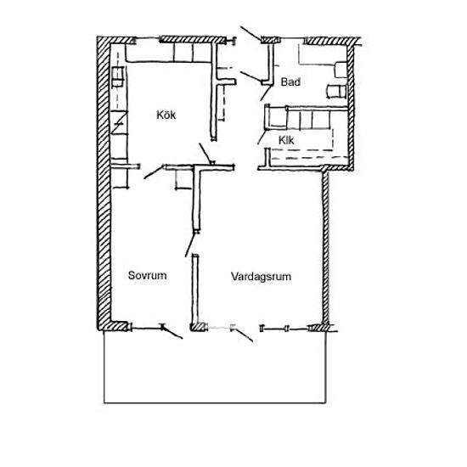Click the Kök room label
tap(166, 115)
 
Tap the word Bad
tap(290, 82)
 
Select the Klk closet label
tap(286, 140)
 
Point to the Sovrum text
tap(147, 275)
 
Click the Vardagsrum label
tap(261, 277)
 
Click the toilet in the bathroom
tap(340, 70)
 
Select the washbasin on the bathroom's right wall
tap(336, 91)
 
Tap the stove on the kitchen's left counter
tap(118, 76)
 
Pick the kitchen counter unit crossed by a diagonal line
tap(119, 122)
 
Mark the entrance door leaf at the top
tap(250, 33)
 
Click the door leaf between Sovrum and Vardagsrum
tap(190, 245)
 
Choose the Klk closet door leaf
tap(262, 138)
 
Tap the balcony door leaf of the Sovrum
tap(172, 332)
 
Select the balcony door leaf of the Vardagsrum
tap(243, 335)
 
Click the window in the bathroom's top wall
tap(292, 39)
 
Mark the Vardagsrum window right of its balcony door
tap(285, 329)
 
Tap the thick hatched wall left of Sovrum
tap(104, 183)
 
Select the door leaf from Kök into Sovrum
tap(154, 172)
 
